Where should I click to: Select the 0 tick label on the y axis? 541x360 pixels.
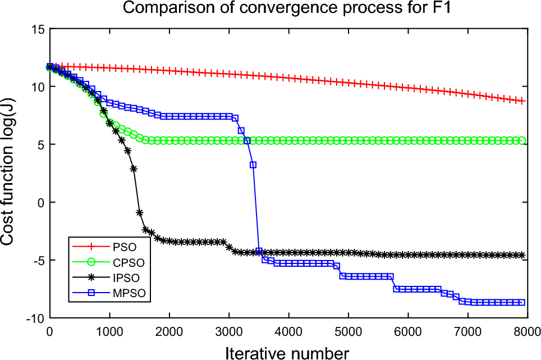point(40,202)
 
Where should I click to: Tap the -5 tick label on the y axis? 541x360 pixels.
point(38,260)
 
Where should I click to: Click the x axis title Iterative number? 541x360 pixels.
point(287,352)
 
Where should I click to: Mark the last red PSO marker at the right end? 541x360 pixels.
point(522,101)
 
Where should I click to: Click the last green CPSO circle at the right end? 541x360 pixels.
point(522,140)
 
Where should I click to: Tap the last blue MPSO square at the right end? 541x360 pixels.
point(522,302)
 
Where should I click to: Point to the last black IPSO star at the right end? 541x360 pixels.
point(522,255)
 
